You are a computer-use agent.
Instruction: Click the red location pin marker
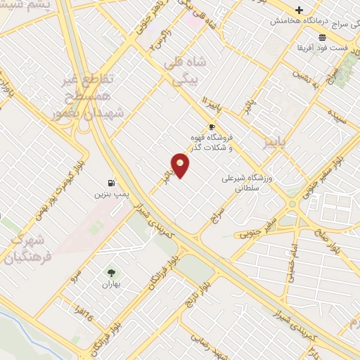180,165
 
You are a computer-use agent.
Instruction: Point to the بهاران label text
112,285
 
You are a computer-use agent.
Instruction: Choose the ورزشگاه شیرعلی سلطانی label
241,183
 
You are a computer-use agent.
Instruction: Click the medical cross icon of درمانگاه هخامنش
300,10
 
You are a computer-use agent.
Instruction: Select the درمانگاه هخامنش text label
304,22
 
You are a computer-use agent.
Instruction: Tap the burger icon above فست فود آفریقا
322,37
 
